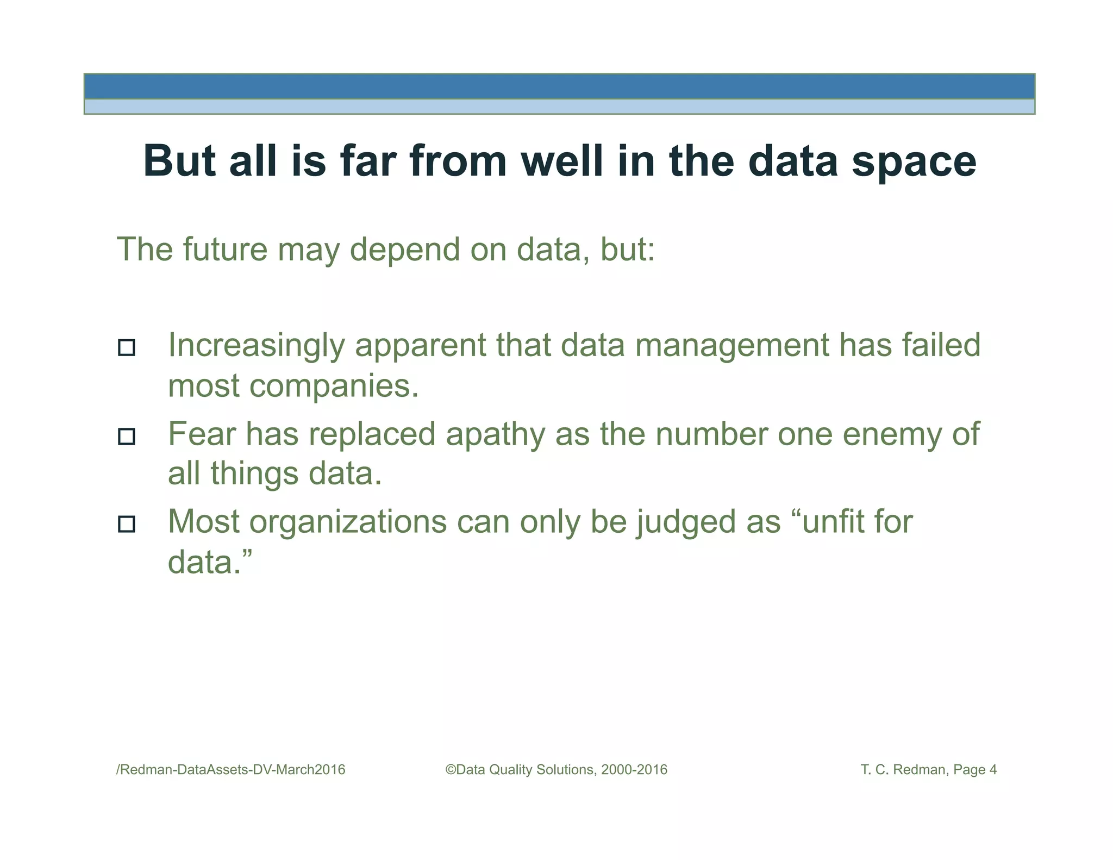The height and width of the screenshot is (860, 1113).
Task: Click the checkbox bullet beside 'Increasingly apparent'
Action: coord(127,347)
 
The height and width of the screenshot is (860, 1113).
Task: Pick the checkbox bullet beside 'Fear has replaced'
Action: coord(127,436)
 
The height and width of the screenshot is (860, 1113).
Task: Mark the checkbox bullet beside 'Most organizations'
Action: coord(127,524)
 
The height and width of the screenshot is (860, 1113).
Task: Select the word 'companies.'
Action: coord(334,386)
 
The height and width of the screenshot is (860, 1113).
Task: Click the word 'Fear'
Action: coord(202,434)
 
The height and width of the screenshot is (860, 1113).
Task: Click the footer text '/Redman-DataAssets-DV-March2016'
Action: coord(231,770)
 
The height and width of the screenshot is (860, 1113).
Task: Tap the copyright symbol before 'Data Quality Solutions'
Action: coord(451,770)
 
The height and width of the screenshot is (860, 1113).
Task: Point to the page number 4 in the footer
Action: coord(993,770)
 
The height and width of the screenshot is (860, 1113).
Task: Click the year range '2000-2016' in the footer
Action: coord(634,770)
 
